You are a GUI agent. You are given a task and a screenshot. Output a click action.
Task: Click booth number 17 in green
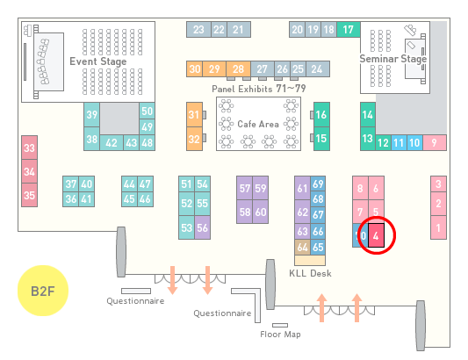349,29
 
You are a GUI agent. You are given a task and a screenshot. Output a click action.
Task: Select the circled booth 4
376,235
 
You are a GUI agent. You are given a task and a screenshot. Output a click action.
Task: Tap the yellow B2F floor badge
43,291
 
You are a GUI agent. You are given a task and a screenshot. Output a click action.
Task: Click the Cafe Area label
258,124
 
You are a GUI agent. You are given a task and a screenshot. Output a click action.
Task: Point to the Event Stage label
98,61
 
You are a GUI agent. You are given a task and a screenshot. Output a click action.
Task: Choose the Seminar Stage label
393,59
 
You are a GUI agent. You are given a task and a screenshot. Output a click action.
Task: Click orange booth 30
195,69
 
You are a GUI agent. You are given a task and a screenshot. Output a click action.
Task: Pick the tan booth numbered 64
302,247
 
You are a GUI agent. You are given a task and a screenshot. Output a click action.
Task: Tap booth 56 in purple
202,227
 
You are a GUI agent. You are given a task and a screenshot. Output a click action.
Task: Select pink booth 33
29,148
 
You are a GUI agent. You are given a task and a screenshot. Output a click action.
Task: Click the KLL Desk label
311,273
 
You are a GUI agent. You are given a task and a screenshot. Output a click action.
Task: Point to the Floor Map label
280,334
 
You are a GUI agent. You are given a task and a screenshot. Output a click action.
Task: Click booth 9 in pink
435,143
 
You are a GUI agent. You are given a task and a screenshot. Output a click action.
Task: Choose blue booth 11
399,143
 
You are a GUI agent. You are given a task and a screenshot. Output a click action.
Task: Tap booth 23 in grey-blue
198,29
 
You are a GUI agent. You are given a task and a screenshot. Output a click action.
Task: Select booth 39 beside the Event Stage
91,115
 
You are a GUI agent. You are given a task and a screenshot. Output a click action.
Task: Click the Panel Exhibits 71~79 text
259,89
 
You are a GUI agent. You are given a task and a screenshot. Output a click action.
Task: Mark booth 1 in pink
438,227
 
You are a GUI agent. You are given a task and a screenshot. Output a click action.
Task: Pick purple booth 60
261,212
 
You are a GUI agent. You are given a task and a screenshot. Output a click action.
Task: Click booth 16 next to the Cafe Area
321,115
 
